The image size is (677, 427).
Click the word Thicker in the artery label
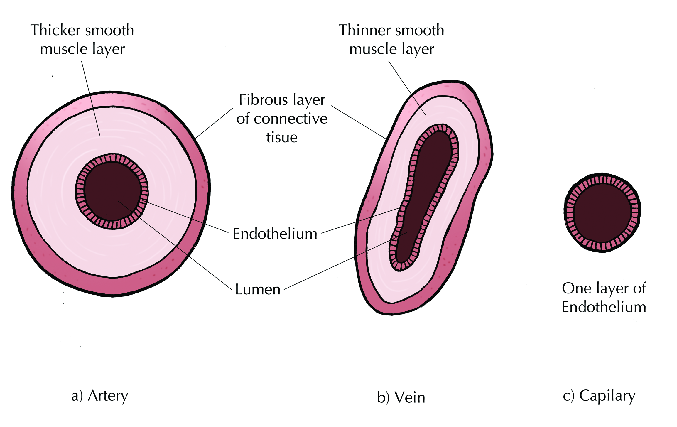pyautogui.click(x=55, y=30)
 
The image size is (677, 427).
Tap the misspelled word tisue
pyautogui.click(x=282, y=137)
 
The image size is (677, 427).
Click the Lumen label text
pyautogui.click(x=258, y=289)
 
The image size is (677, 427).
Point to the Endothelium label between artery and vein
pyautogui.click(x=275, y=234)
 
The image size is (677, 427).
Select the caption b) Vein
pyautogui.click(x=401, y=398)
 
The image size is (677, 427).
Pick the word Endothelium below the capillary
pyautogui.click(x=604, y=307)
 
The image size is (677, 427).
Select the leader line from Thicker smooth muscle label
pyautogui.click(x=91, y=100)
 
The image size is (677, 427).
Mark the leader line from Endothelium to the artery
pyautogui.click(x=188, y=217)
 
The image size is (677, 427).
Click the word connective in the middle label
pyautogui.click(x=291, y=119)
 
